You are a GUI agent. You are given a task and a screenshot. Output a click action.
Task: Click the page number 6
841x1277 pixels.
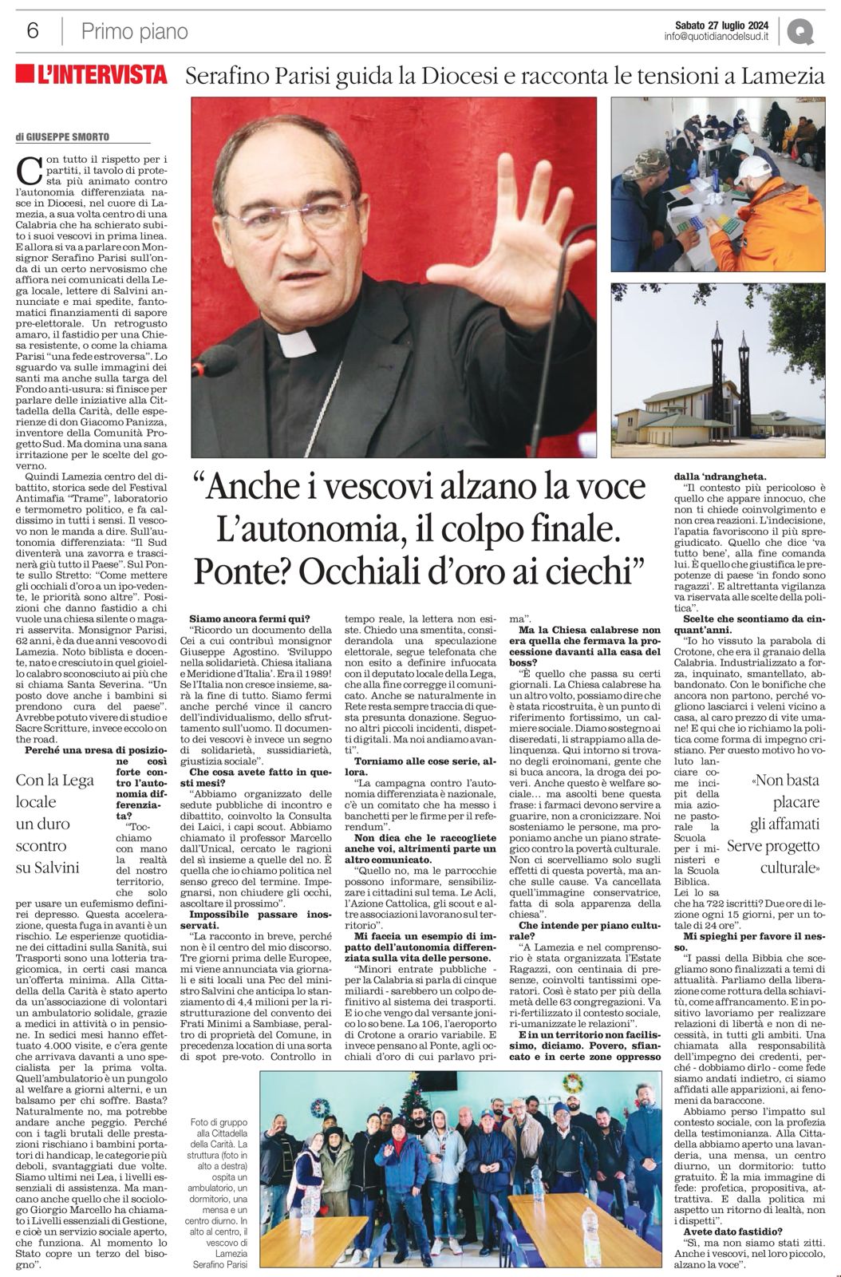pyautogui.click(x=33, y=31)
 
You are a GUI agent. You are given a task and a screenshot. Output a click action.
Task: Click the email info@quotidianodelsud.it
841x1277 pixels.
pyautogui.click(x=716, y=37)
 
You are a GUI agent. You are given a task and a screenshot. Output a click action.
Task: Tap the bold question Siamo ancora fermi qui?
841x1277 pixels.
pyautogui.click(x=250, y=618)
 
